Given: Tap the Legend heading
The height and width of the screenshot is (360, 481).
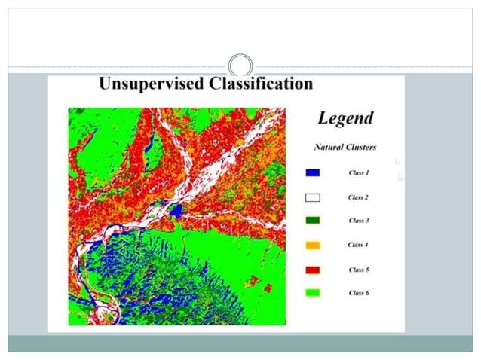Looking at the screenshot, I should pos(345,118).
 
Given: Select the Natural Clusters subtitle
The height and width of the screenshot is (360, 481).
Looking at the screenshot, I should pos(345,147).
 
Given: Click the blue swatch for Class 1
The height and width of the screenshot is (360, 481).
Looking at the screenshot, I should pos(313,173).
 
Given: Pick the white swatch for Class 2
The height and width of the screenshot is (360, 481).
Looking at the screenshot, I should pos(313,197).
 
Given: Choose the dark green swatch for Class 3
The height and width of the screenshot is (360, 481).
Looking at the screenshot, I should pos(313,221).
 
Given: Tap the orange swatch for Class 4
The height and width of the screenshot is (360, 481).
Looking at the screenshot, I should pos(313,245).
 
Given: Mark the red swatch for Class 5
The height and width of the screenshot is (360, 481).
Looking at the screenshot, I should pos(313,269).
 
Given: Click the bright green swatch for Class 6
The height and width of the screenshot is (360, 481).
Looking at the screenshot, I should pos(313,292).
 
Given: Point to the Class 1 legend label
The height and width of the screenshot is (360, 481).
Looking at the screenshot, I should pos(359,173).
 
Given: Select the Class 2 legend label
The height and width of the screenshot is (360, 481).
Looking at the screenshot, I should pos(359,197).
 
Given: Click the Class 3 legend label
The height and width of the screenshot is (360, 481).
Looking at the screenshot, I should pos(359,221).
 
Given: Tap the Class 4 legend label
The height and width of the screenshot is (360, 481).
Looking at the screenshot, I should pos(359,245).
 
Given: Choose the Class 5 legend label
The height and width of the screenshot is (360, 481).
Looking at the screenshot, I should pos(359,269).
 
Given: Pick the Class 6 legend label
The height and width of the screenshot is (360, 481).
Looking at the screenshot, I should pos(359,292).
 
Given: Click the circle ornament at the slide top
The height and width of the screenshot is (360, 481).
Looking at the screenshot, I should pos(240,66).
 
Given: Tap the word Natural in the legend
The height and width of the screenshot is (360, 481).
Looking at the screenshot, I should pos(330,147).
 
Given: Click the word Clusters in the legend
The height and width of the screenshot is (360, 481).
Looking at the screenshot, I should pos(360,147).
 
